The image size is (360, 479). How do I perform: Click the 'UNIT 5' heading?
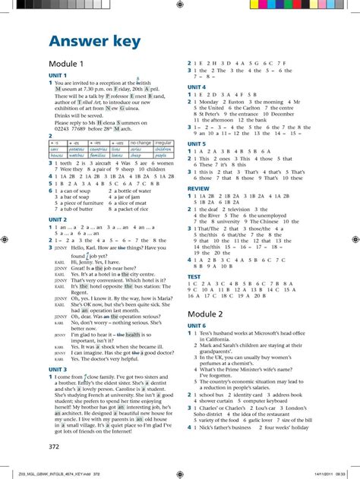coord(197,143)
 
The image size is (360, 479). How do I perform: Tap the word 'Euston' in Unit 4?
coord(229,101)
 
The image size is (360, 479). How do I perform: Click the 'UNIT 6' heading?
coord(197,326)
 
